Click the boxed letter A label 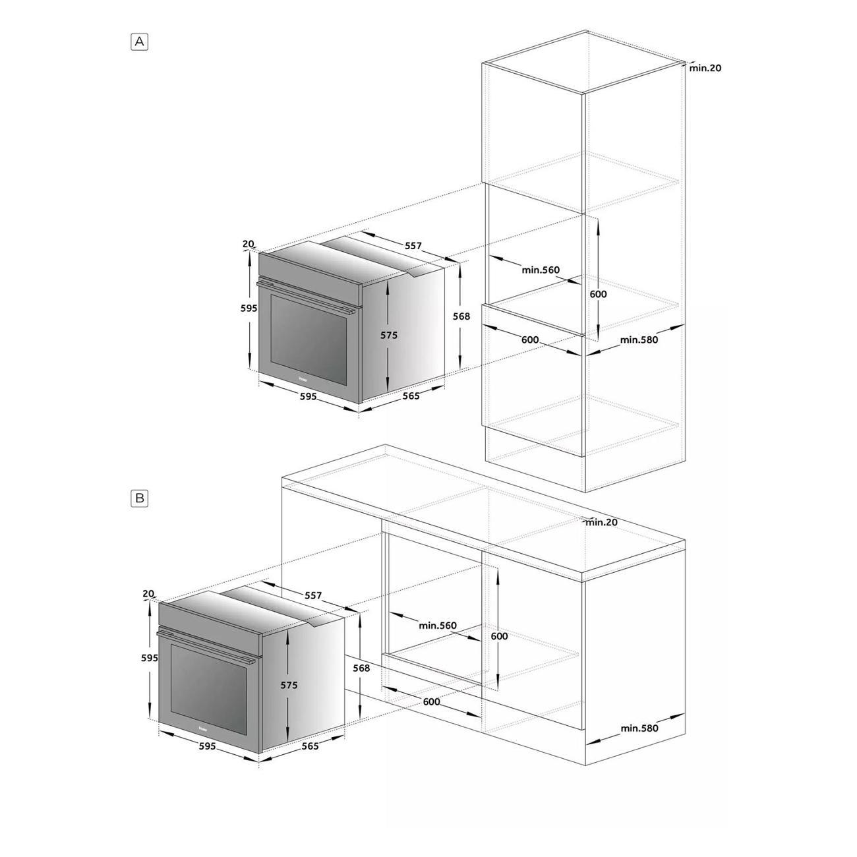point(139,42)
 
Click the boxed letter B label point(139,498)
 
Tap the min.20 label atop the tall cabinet point(705,68)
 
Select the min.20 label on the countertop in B point(601,522)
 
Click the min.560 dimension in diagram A point(541,270)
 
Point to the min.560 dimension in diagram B point(438,626)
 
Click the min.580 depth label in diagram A point(639,340)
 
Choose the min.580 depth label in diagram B point(639,728)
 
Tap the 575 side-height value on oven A point(389,336)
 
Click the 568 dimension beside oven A point(461,316)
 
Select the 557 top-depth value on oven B point(313,595)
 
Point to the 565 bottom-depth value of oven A point(411,396)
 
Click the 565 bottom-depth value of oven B point(310,746)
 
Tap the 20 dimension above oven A point(248,244)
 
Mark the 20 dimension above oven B point(148,594)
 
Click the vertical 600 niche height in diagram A point(598,294)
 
